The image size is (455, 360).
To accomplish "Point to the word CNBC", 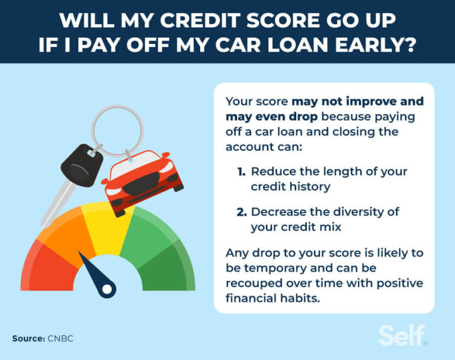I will click(61, 339).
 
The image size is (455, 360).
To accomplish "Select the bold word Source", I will click(29, 339).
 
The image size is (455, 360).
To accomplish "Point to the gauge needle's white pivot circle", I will click(107, 290).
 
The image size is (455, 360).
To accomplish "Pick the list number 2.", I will click(241, 211).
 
